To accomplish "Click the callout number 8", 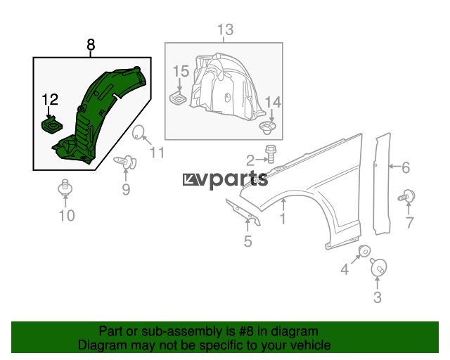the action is click(x=91, y=45).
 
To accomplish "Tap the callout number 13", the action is click(x=225, y=30).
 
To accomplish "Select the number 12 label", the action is click(x=50, y=99).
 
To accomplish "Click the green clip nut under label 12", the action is click(x=52, y=126).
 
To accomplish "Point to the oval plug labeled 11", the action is click(x=139, y=132).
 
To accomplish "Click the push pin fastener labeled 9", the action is click(x=126, y=162).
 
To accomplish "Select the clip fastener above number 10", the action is click(x=65, y=188).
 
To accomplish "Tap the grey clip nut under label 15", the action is click(x=178, y=98).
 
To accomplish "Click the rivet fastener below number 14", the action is click(x=267, y=127).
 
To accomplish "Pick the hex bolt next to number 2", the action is click(x=270, y=153).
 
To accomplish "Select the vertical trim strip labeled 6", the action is click(x=382, y=184).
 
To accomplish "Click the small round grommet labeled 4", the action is click(x=365, y=252).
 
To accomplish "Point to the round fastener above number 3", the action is click(x=378, y=267).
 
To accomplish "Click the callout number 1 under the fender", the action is click(x=283, y=219).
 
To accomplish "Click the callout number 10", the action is click(x=67, y=215).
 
